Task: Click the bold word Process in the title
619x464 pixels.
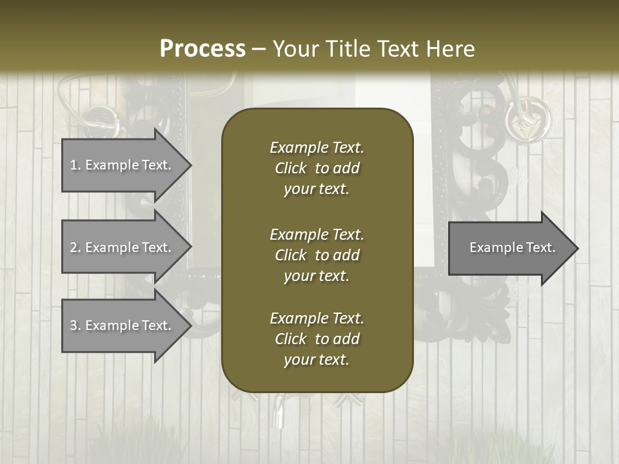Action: [x=202, y=49]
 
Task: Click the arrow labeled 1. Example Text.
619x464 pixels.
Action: [x=123, y=164]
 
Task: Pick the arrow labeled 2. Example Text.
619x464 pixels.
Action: [x=123, y=247]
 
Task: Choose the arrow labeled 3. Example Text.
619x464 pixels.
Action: [x=123, y=325]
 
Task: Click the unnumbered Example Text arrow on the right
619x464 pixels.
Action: [x=512, y=247]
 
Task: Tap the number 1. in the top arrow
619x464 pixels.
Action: [x=75, y=165]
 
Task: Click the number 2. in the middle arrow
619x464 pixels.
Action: [x=75, y=247]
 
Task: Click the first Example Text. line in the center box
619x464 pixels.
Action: [x=317, y=148]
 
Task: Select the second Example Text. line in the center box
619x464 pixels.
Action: [x=317, y=235]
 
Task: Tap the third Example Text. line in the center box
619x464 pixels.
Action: [x=317, y=318]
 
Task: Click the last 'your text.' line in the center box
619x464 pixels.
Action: [x=317, y=360]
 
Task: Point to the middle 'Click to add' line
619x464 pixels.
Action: [x=317, y=255]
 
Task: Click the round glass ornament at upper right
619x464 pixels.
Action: [x=527, y=118]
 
